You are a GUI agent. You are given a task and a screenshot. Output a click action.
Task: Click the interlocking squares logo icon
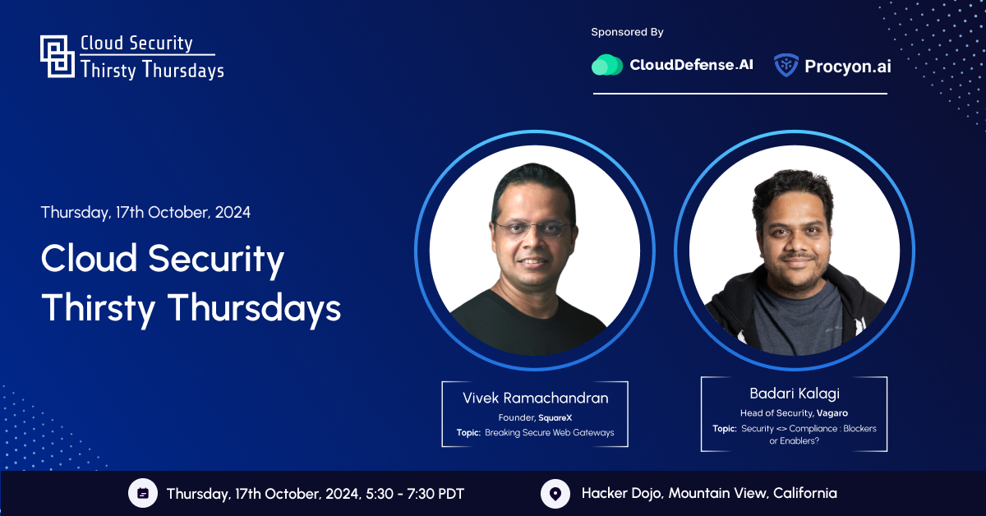tap(58, 57)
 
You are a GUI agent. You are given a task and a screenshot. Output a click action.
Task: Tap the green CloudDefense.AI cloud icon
tap(607, 65)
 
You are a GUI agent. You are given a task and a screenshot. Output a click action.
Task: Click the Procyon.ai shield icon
tap(786, 65)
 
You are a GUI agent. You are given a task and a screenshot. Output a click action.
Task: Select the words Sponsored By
tap(627, 32)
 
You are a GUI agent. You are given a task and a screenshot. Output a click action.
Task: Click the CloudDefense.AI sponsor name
tap(691, 65)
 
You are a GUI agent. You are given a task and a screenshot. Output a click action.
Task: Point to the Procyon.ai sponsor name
tap(848, 67)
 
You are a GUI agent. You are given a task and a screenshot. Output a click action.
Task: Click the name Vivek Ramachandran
tap(535, 398)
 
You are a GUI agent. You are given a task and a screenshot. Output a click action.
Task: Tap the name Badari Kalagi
tap(795, 394)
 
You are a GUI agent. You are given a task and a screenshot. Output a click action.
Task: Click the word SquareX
tap(555, 417)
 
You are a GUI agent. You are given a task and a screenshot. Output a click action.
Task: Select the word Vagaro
tap(832, 413)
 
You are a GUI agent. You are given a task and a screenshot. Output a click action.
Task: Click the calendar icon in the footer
tap(143, 493)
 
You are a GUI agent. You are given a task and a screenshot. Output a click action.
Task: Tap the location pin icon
tap(555, 494)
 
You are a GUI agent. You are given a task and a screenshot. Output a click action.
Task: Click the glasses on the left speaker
tap(532, 228)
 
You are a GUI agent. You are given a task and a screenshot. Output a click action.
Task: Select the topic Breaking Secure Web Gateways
tap(550, 433)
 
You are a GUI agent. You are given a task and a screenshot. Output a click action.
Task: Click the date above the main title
tap(145, 213)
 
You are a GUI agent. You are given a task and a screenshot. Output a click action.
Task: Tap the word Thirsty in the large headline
tap(98, 309)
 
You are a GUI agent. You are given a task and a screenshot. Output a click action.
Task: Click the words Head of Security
tap(776, 413)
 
